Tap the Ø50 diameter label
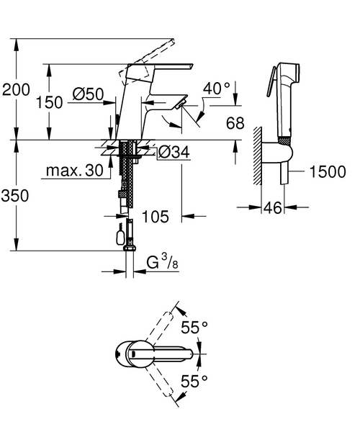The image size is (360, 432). pyautogui.click(x=89, y=94)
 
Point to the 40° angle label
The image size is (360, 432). pyautogui.click(x=217, y=88)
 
